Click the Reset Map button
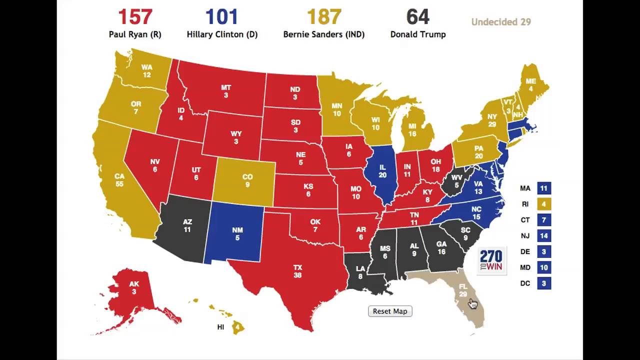(390, 311)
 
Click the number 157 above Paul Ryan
(135, 17)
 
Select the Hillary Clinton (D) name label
(222, 34)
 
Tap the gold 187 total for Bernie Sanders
(323, 17)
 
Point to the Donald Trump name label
(418, 34)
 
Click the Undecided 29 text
(500, 22)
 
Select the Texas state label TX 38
(298, 271)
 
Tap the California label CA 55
(119, 180)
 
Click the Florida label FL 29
(463, 290)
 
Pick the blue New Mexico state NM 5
(237, 233)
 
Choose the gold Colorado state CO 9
(247, 180)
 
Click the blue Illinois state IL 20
(382, 171)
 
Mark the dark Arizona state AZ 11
(187, 225)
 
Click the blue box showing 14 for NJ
(544, 236)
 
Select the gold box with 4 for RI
(544, 204)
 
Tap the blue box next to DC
(544, 283)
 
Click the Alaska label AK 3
(134, 287)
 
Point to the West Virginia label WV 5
(456, 181)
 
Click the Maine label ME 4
(530, 85)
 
